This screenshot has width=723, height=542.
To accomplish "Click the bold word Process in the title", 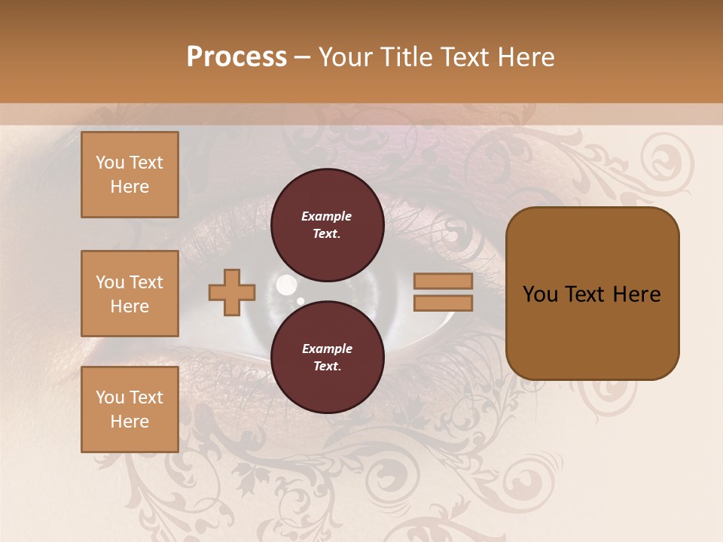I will (x=236, y=57).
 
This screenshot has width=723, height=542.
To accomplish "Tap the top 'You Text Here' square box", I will (x=130, y=175).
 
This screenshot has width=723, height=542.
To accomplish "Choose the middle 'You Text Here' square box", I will (x=130, y=294).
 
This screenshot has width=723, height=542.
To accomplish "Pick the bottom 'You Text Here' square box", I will (x=130, y=410).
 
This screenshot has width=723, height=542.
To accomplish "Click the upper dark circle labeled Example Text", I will (x=327, y=225).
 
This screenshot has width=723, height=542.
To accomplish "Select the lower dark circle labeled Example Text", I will (x=327, y=358).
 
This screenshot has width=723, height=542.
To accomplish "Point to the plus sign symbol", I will (x=232, y=292).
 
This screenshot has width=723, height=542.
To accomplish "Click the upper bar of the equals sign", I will (x=443, y=282).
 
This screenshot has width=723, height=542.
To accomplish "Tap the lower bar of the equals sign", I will (x=443, y=303).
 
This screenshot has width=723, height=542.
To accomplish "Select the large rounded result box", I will (x=592, y=294).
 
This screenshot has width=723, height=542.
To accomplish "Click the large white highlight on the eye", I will (x=286, y=285).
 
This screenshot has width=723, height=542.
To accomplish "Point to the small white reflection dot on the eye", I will (x=300, y=301).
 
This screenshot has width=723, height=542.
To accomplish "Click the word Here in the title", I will (x=527, y=57).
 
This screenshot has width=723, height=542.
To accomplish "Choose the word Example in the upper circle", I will (x=327, y=217).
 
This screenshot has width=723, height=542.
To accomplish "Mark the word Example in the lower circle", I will (x=327, y=349).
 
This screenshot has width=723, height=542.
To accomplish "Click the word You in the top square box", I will (x=110, y=163).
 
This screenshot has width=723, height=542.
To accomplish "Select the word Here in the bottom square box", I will (x=130, y=422).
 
